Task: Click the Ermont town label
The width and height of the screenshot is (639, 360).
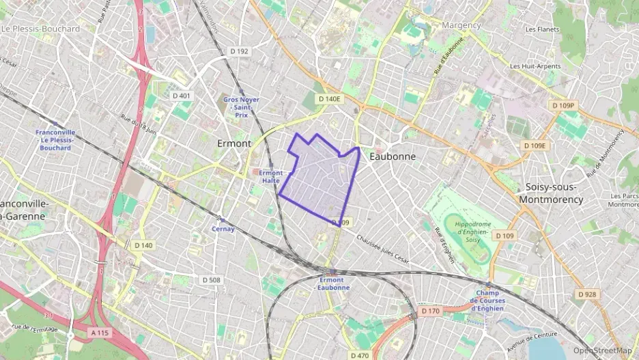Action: click(234, 143)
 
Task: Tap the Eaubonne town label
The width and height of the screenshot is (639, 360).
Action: click(392, 156)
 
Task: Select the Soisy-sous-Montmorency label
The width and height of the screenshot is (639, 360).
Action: click(551, 193)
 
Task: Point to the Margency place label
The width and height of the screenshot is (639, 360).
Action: click(461, 25)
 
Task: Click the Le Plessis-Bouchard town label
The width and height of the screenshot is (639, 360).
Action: click(41, 29)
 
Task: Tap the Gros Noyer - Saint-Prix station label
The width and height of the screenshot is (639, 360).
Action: click(241, 108)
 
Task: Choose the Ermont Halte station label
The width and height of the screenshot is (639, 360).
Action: click(270, 176)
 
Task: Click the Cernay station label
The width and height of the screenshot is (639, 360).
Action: click(223, 229)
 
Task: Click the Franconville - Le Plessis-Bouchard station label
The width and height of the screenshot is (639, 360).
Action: click(55, 139)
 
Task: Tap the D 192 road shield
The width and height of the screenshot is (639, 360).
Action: click(239, 51)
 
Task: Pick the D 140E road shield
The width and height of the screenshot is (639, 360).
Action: click(328, 99)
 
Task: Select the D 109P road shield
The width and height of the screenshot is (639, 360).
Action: click(564, 105)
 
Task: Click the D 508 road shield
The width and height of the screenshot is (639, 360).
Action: click(212, 280)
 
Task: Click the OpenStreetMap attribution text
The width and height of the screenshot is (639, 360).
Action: click(603, 350)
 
